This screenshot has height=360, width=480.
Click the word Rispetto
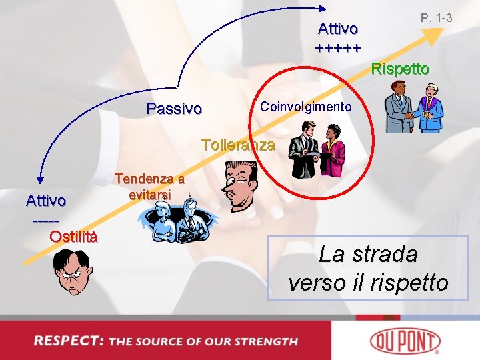[x=400, y=69]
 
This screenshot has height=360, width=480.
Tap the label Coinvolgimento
[x=305, y=107]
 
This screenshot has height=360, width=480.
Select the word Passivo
[x=174, y=109]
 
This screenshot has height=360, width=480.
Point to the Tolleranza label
[x=237, y=145]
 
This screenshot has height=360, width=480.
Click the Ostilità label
[x=74, y=236]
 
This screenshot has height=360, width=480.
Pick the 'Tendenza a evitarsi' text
[x=150, y=187]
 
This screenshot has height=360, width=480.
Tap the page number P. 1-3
[x=437, y=17]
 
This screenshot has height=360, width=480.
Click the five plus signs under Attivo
[x=338, y=48]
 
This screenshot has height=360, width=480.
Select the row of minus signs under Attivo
[x=45, y=219]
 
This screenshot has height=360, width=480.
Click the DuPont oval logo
[x=412, y=341]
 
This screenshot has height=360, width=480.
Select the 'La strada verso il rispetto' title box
[x=369, y=268]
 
